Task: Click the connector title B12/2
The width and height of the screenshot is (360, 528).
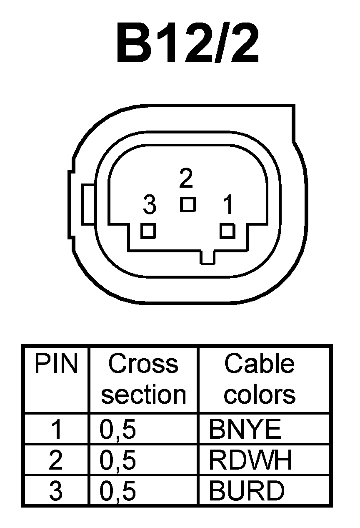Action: coord(187,44)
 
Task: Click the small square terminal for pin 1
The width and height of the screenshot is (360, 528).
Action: coord(227,231)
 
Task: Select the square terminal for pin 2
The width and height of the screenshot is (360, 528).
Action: coord(188,204)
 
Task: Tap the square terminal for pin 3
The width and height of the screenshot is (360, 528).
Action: coord(148,231)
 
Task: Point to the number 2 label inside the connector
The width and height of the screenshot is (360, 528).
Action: coord(186,179)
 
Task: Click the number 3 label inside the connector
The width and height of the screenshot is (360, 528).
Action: coord(149,205)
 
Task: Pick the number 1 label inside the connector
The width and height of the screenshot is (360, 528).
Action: coord(228,205)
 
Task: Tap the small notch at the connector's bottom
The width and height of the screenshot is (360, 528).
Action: coord(207,258)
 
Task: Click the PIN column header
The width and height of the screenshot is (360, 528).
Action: coord(56,364)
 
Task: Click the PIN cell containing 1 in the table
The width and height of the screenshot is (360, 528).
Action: coord(56,430)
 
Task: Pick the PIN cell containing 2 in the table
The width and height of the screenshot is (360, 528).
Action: coord(56,460)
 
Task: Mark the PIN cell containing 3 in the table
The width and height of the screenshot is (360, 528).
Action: coord(56,490)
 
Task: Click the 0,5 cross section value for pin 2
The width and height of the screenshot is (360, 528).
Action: coord(118,460)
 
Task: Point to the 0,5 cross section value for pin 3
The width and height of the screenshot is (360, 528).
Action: coord(118,490)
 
